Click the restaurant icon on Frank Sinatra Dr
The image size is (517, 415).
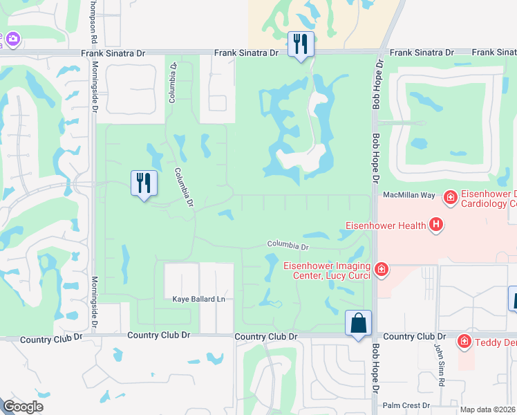point(301,44)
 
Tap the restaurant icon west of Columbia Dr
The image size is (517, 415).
point(144,183)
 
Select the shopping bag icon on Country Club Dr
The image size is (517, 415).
point(359,323)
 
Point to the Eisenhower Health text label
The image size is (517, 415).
point(386,225)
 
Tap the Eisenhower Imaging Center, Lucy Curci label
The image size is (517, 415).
point(327,270)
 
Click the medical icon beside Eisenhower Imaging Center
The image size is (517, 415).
point(380,268)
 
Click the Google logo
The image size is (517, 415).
point(23,407)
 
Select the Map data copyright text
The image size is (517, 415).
point(488,409)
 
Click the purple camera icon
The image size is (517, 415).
point(12,39)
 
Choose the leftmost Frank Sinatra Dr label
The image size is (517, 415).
point(113,53)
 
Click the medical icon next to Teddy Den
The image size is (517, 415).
point(465,341)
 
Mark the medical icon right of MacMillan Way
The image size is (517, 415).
point(450,198)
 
